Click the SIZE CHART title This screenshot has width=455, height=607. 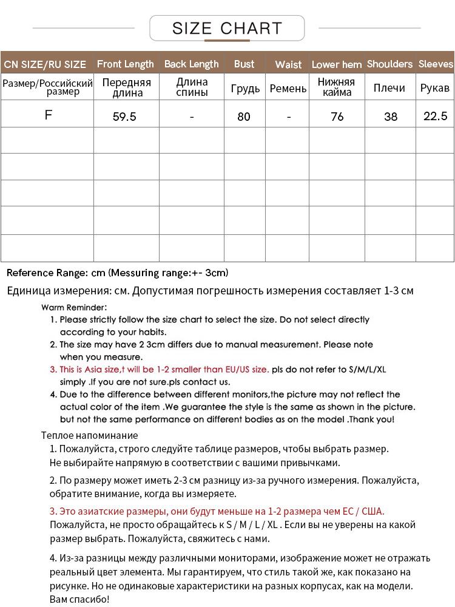(x=227, y=28)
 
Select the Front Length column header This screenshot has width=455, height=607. (x=126, y=64)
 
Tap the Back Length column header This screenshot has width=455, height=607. (x=191, y=64)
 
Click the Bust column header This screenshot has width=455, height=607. (x=244, y=64)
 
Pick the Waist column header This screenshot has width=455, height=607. (x=288, y=64)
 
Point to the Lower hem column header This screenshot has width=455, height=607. (x=337, y=64)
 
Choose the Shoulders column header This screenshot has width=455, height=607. (x=389, y=64)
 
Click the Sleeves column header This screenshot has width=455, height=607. (x=436, y=64)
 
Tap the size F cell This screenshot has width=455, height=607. (x=49, y=114)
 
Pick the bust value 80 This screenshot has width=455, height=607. (x=244, y=117)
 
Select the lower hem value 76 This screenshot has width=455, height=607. (x=337, y=117)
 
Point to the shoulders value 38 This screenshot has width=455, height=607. (x=391, y=117)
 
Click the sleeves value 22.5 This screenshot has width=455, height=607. (x=435, y=116)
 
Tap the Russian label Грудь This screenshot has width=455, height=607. (x=245, y=89)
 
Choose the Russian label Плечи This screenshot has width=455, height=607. (x=389, y=88)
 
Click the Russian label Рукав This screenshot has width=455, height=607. (x=435, y=88)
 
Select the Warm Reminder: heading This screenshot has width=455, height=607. (x=74, y=307)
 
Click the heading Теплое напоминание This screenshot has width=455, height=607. (x=89, y=435)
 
